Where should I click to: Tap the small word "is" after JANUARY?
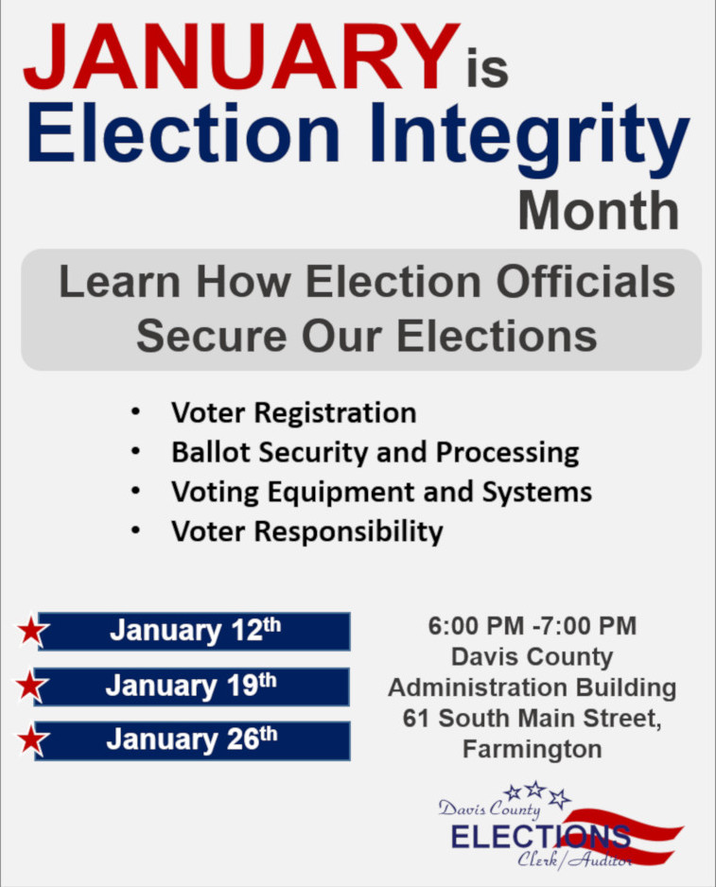(487, 68)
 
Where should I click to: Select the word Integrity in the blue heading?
(530, 136)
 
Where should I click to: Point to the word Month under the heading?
(599, 211)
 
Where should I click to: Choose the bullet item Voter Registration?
(294, 412)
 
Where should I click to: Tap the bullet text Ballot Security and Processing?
(375, 453)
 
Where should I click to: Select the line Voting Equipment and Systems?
(381, 492)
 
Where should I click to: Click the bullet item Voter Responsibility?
(307, 531)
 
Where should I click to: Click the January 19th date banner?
(191, 687)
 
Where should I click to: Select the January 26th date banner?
(192, 739)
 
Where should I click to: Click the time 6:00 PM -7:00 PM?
(533, 626)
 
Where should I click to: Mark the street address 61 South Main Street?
(533, 719)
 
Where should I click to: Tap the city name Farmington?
(533, 750)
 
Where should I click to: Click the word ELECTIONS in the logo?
(540, 837)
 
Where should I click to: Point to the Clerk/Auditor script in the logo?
(574, 860)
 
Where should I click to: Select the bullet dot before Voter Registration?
(135, 412)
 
